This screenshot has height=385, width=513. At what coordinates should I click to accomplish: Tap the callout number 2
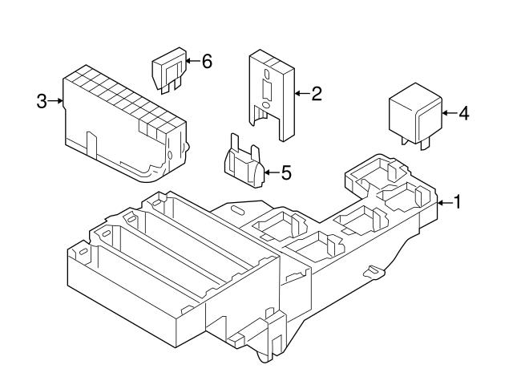coord(316,95)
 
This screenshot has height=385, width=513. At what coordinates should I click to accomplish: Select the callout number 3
coord(42,101)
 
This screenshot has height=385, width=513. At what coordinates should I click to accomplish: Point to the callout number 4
coord(463,113)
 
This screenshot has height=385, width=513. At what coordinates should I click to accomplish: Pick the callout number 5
coord(286,172)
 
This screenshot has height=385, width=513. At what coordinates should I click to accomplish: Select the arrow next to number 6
coord(192,61)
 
